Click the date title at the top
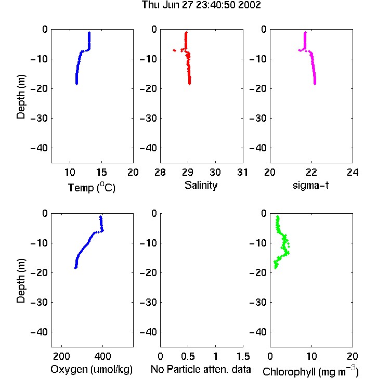[201, 5]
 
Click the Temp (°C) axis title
[92, 187]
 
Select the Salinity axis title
[201, 185]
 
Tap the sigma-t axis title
[310, 185]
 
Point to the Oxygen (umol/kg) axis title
[92, 369]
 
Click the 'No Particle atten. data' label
[201, 369]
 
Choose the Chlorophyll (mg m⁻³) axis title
[310, 371]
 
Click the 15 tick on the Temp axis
[101, 172]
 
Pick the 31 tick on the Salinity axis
[242, 172]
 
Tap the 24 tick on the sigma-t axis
[353, 172]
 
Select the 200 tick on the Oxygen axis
[61, 356]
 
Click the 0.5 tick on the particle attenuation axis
[188, 356]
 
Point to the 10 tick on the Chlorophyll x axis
[311, 356]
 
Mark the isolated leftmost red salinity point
[174, 50]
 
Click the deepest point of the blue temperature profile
[76, 84]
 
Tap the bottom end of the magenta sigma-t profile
[315, 84]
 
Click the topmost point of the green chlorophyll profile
[278, 217]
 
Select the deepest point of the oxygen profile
[75, 268]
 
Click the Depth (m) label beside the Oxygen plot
[21, 281]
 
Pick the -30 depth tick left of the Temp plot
[39, 118]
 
